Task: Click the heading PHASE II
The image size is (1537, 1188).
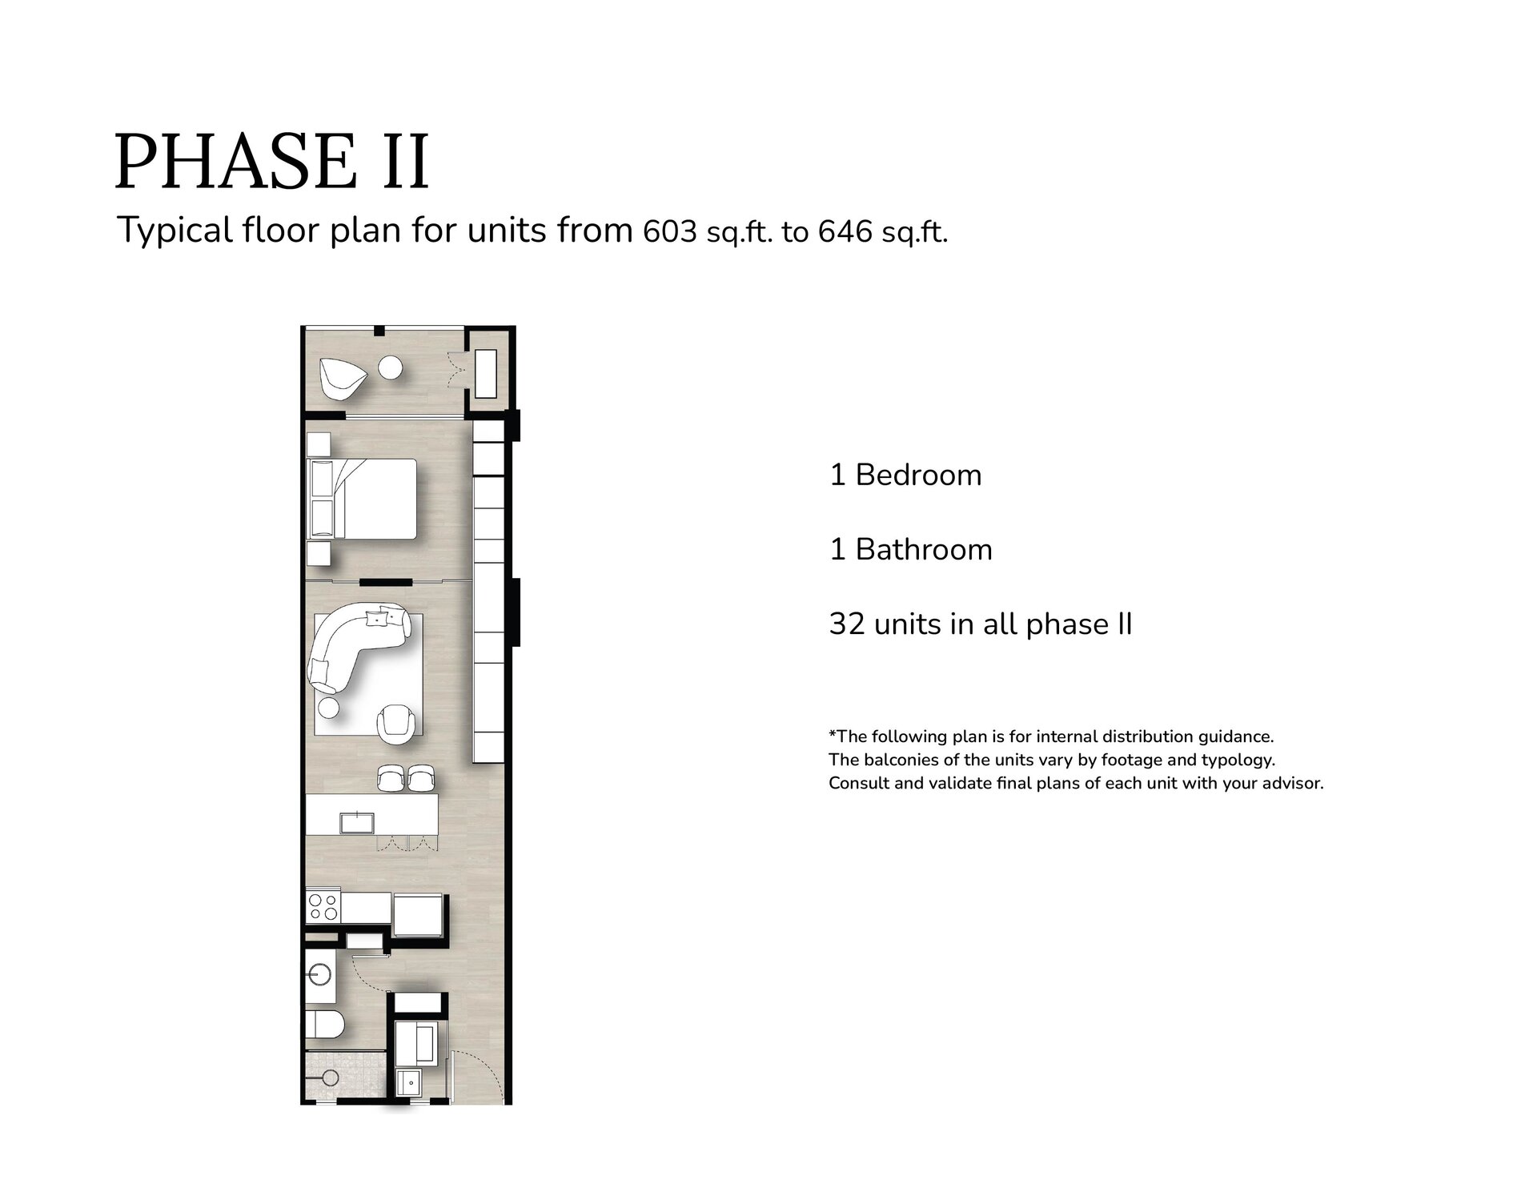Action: pyautogui.click(x=272, y=162)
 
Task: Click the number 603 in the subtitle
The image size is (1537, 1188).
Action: pyautogui.click(x=670, y=231)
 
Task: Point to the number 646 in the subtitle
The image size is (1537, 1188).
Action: pyautogui.click(x=845, y=231)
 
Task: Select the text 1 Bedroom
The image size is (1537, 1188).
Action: pyautogui.click(x=905, y=475)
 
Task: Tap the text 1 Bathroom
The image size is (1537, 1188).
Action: pyautogui.click(x=911, y=549)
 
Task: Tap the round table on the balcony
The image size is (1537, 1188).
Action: pyautogui.click(x=391, y=367)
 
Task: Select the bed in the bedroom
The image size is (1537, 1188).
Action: pyautogui.click(x=362, y=499)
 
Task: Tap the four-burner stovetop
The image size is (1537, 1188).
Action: pyautogui.click(x=323, y=906)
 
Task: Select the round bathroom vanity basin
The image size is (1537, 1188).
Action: pyautogui.click(x=319, y=974)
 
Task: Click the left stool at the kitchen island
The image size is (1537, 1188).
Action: pyautogui.click(x=390, y=776)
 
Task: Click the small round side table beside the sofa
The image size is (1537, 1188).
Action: pyautogui.click(x=328, y=708)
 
